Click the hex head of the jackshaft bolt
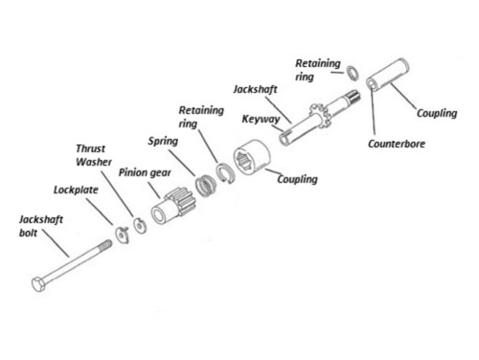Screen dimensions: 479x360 (x=38, y=284)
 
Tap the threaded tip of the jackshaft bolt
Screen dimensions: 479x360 (x=105, y=246)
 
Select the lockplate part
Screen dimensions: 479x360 (x=123, y=235)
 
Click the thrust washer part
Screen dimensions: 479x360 (x=140, y=226)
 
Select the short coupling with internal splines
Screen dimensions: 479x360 (x=252, y=157)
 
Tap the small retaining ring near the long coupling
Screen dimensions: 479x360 (x=353, y=74)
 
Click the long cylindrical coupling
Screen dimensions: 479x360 (x=388, y=75)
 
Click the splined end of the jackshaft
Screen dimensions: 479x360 (x=354, y=96)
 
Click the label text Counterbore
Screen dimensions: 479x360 (x=397, y=144)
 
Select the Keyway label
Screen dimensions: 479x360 (x=261, y=119)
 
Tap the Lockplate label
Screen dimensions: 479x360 (x=76, y=190)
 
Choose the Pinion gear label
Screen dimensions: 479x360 (x=145, y=172)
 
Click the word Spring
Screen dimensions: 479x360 (x=163, y=141)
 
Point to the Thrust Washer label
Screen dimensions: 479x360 (x=94, y=155)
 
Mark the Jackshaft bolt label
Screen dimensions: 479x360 (x=41, y=226)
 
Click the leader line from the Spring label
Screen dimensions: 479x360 (x=182, y=163)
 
